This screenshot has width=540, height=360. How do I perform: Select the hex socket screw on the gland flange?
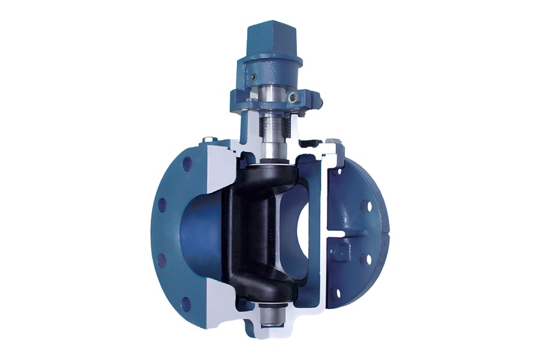pyautogui.click(x=293, y=97)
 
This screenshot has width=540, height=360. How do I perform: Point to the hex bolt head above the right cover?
pyautogui.click(x=334, y=142)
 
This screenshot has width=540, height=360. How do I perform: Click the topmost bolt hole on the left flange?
pyautogui.click(x=186, y=163)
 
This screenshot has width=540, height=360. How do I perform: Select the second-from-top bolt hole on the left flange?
pyautogui.click(x=162, y=203)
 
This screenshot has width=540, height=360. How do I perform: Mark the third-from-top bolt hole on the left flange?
pyautogui.click(x=161, y=260)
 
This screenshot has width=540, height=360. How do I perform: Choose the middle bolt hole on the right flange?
pyautogui.click(x=364, y=259)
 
